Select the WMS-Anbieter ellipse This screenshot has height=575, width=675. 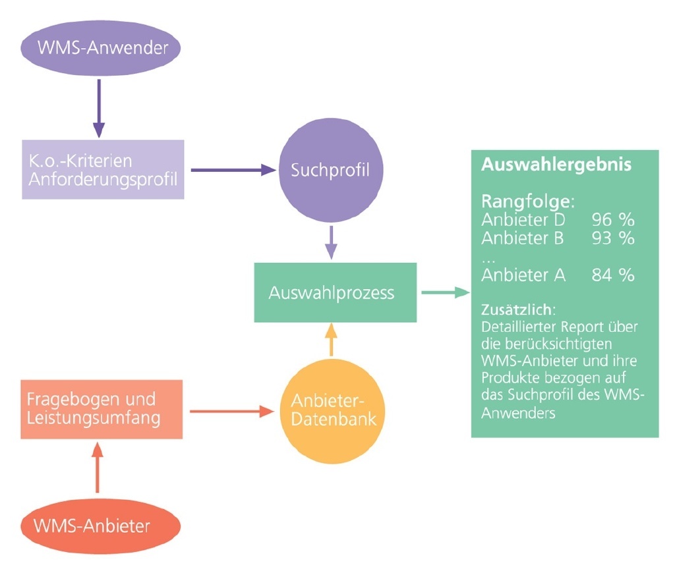coord(100,525)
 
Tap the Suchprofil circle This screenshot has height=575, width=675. coord(330,170)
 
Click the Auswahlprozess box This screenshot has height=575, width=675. coord(335,292)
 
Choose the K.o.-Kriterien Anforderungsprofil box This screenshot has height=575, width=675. coord(103,169)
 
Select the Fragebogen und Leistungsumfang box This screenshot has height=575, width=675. coord(101,409)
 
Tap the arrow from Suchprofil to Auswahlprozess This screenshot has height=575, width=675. coord(331,242)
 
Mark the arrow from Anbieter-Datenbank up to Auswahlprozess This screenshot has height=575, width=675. coord(331,341)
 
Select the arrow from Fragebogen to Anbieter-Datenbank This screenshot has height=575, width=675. coord(231,412)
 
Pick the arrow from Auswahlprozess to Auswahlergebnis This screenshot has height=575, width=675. coord(444,292)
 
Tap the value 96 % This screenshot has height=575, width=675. coord(612,220)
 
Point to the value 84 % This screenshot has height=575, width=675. coord(612,275)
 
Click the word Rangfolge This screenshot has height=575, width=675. coord(524,201)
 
